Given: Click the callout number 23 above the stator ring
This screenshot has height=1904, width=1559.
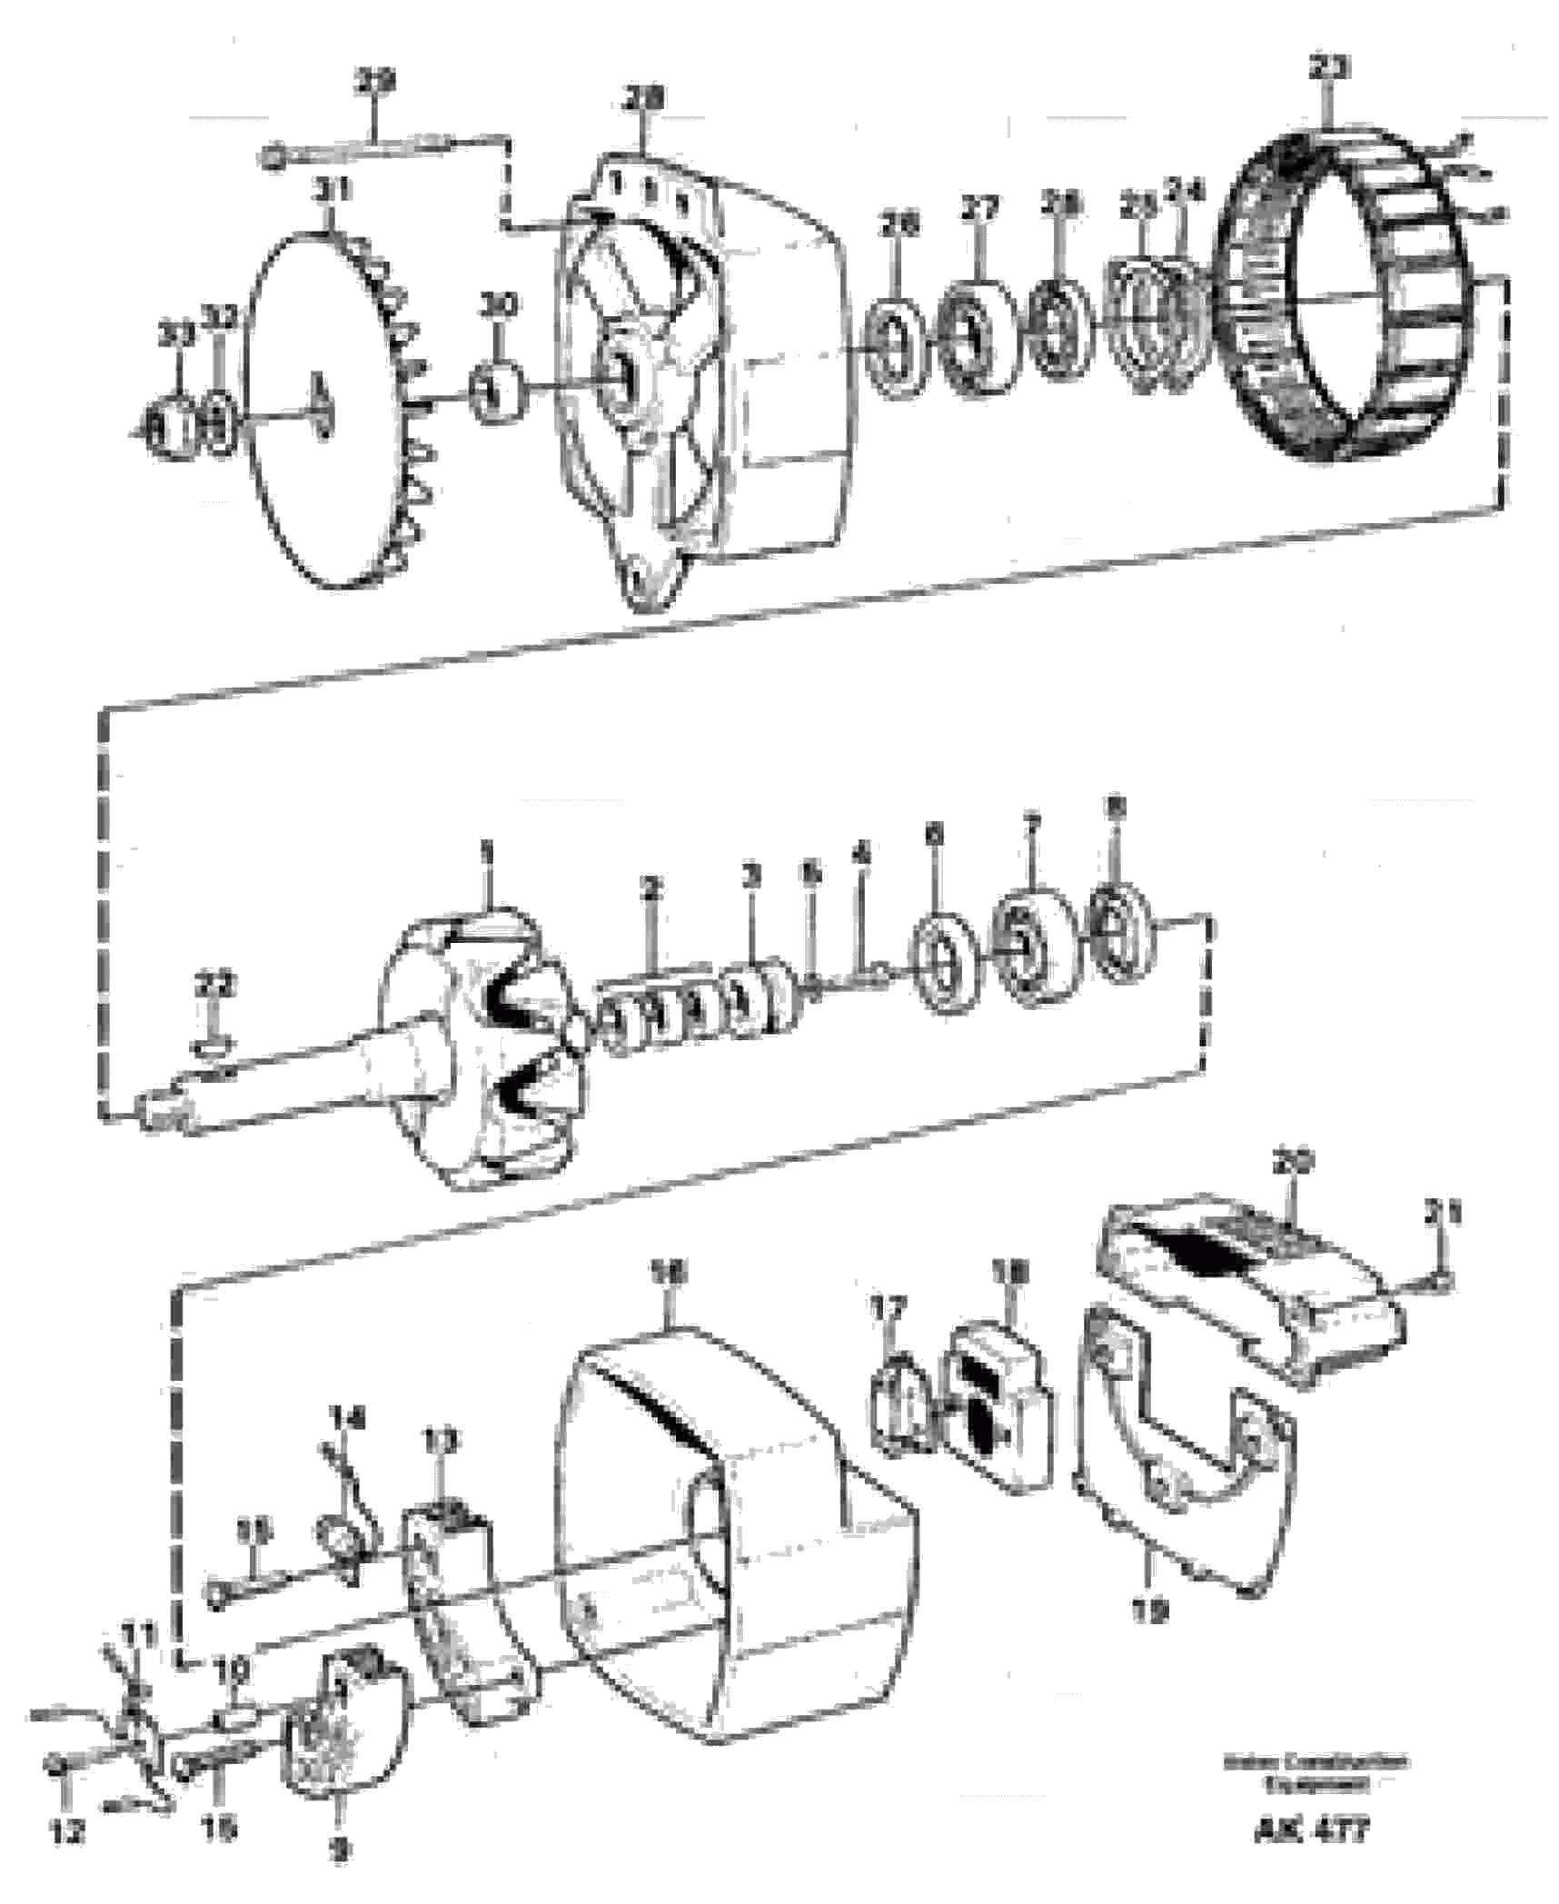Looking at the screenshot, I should (x=1329, y=68).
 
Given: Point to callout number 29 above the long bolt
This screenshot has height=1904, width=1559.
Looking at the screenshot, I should (x=374, y=82).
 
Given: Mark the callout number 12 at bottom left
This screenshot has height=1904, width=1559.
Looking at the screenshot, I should (x=66, y=1832).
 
